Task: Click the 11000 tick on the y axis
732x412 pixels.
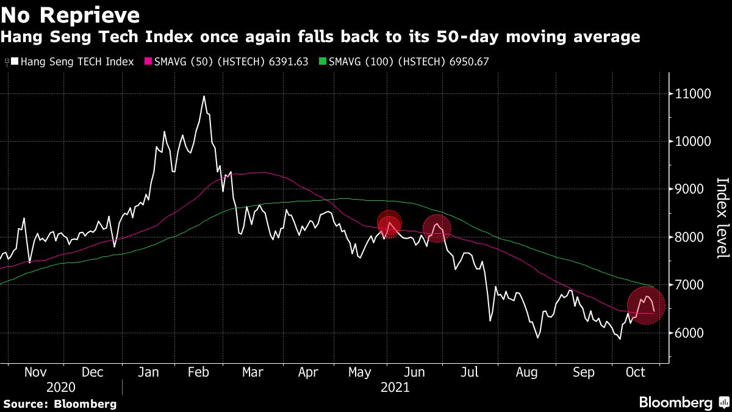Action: [x=692, y=94]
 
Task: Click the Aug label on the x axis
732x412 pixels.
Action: [x=527, y=372]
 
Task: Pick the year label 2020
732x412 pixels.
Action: [x=60, y=388]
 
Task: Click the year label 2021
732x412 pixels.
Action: [x=395, y=388]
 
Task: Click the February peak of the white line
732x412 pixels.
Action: [x=204, y=96]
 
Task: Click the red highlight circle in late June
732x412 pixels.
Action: [x=437, y=228]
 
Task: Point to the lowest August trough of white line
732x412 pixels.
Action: [x=537, y=337]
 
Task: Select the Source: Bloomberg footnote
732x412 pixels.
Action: [x=60, y=403]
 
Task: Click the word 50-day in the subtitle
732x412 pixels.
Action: [x=467, y=37]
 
